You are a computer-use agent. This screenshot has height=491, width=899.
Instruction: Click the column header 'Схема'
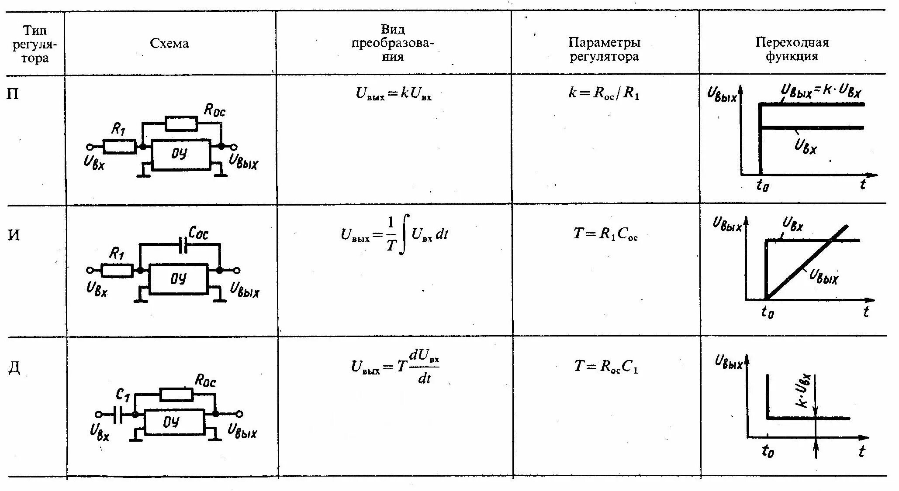coord(169,43)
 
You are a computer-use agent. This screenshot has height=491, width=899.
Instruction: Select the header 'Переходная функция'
coord(792,49)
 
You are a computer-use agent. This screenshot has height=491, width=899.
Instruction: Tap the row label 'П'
coord(14,94)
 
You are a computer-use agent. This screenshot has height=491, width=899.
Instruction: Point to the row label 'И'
coord(14,236)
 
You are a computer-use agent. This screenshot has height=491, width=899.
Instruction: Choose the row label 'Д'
coord(14,369)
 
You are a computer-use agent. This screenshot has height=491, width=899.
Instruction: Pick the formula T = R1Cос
coord(605,234)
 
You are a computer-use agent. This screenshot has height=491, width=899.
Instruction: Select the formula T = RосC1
coord(606,367)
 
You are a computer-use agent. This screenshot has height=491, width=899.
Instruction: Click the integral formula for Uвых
coord(394,235)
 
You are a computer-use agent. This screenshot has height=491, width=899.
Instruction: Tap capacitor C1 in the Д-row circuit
coord(117,414)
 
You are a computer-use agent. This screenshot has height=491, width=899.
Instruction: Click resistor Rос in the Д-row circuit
coord(176,395)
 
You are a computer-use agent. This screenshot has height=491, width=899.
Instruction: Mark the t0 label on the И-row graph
coord(768,312)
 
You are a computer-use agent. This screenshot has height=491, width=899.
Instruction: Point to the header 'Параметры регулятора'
coord(604,49)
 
